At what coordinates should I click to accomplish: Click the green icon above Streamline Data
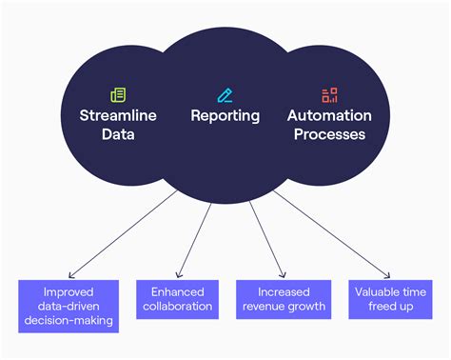(119, 94)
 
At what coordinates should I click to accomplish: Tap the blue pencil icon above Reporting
(225, 94)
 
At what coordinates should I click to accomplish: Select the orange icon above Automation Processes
(329, 94)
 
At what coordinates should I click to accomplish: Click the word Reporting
(225, 116)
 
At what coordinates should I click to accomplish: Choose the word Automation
(326, 116)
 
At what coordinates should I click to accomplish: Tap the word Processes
(326, 135)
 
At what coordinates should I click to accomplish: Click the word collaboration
(177, 308)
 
